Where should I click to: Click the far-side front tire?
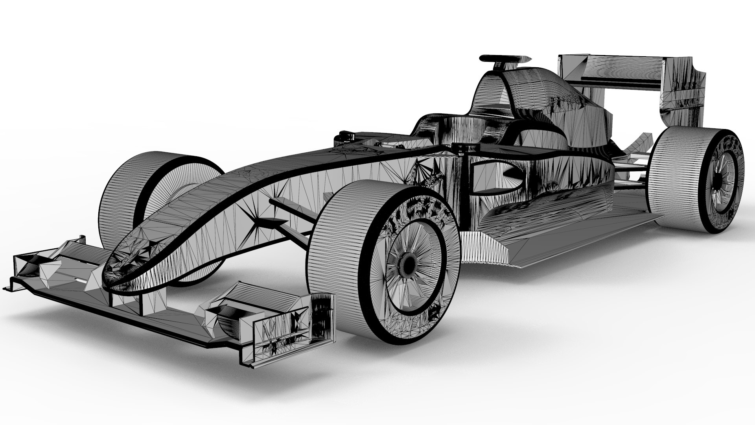click(122, 197)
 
